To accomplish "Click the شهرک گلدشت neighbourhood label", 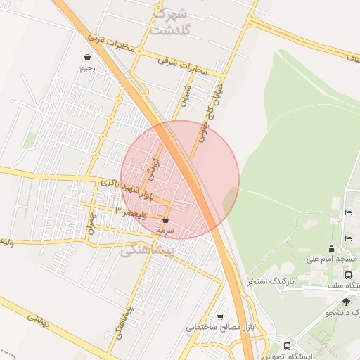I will tap(170, 22).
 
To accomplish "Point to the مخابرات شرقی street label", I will tap(183, 65).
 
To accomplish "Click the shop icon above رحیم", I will tap(86, 58).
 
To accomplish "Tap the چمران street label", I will tap(91, 225).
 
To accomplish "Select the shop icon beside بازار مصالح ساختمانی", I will tap(221, 317).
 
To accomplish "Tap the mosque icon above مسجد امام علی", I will tap(332, 248).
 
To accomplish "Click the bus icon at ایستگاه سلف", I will tap(349, 274).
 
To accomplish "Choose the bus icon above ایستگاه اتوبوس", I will tap(287, 346).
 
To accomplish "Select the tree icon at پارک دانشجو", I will tap(346, 301).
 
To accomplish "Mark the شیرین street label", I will tap(185, 96).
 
